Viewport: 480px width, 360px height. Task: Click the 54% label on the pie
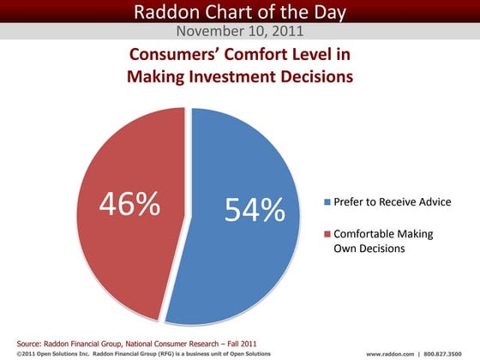(255, 210)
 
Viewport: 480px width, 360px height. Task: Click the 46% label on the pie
(129, 205)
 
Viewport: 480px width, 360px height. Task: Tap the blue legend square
(327, 202)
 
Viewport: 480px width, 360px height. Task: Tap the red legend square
(327, 234)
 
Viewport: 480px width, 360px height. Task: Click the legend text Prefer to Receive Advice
(392, 202)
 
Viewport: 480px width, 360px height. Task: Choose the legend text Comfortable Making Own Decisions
(383, 241)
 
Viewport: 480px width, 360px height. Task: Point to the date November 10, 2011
(239, 32)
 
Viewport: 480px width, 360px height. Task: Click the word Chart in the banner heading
(228, 11)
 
